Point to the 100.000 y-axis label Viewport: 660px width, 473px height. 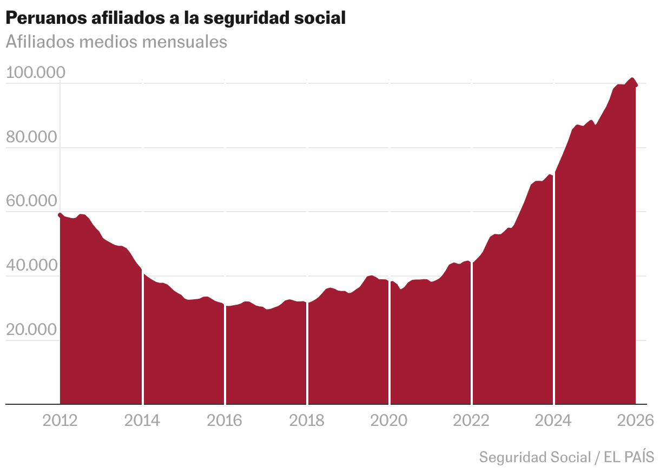36,72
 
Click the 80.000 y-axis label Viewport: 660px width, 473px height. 31,137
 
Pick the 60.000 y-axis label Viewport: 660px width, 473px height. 31,201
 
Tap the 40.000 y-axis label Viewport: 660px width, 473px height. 31,265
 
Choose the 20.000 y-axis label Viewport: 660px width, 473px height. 31,330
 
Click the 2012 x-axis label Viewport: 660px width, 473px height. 60,421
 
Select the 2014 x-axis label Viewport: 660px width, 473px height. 142,421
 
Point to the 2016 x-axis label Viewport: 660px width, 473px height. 225,421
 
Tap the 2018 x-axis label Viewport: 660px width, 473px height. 307,421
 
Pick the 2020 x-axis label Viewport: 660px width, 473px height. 389,421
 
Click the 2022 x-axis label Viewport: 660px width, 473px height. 471,421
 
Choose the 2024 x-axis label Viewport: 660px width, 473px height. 553,421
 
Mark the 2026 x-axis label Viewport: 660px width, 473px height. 636,421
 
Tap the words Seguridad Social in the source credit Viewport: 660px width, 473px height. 534,457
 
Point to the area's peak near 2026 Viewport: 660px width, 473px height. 632,79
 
